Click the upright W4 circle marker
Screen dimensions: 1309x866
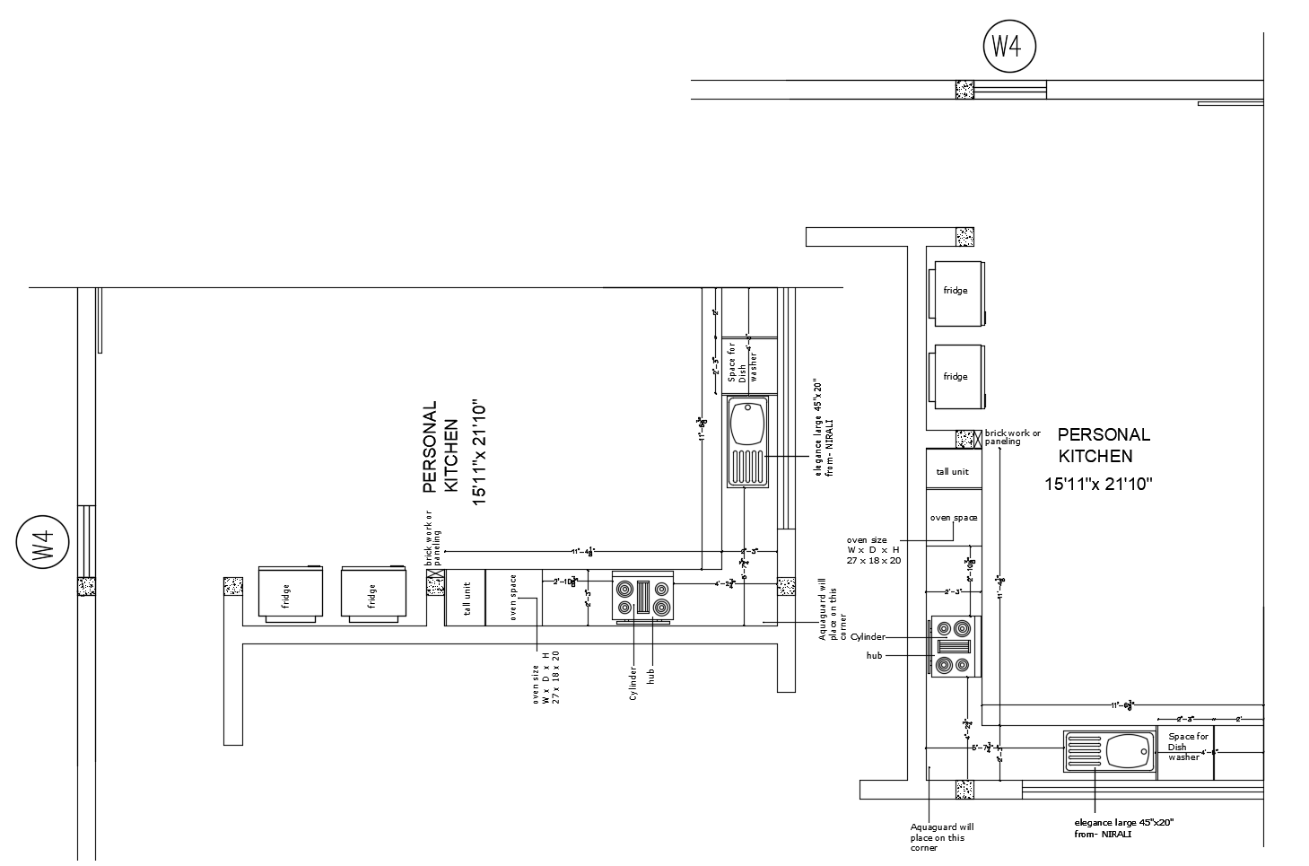pyautogui.click(x=1009, y=47)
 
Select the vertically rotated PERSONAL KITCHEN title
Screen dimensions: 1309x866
pyautogui.click(x=441, y=448)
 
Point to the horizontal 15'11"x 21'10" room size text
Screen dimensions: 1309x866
pyautogui.click(x=1097, y=485)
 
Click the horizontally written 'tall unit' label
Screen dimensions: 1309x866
pyautogui.click(x=953, y=472)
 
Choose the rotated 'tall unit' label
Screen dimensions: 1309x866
pyautogui.click(x=467, y=597)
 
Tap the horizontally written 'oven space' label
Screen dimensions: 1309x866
pyautogui.click(x=953, y=518)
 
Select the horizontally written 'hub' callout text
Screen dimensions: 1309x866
pyautogui.click(x=874, y=656)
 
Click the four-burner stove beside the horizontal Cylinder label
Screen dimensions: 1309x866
pyautogui.click(x=955, y=646)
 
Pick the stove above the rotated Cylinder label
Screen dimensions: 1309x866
pyautogui.click(x=642, y=597)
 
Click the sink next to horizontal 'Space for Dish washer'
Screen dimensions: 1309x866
pyautogui.click(x=1110, y=751)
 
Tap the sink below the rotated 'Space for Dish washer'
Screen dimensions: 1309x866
pyautogui.click(x=747, y=442)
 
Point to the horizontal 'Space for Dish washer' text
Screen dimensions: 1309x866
pyautogui.click(x=1188, y=747)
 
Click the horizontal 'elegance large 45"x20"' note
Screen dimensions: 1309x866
pyautogui.click(x=1123, y=822)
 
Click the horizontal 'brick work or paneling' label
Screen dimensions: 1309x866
pyautogui.click(x=1013, y=437)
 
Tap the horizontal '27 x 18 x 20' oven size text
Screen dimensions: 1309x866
pyautogui.click(x=874, y=560)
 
